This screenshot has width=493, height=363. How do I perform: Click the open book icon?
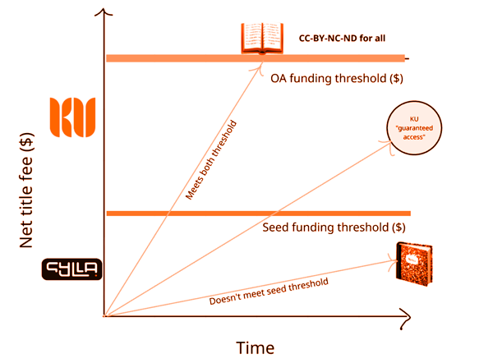[x=261, y=38]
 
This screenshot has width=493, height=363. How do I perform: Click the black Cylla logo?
[x=71, y=269]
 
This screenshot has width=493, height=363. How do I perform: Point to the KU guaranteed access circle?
[x=412, y=130]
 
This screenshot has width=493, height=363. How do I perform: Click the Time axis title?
[x=255, y=347]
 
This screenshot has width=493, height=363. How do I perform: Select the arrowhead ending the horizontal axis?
[x=405, y=315]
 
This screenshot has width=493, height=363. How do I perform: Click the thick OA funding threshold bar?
[x=255, y=58]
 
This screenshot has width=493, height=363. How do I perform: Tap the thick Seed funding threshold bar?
[x=255, y=214]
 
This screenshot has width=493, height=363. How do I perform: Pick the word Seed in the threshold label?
[x=276, y=227]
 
